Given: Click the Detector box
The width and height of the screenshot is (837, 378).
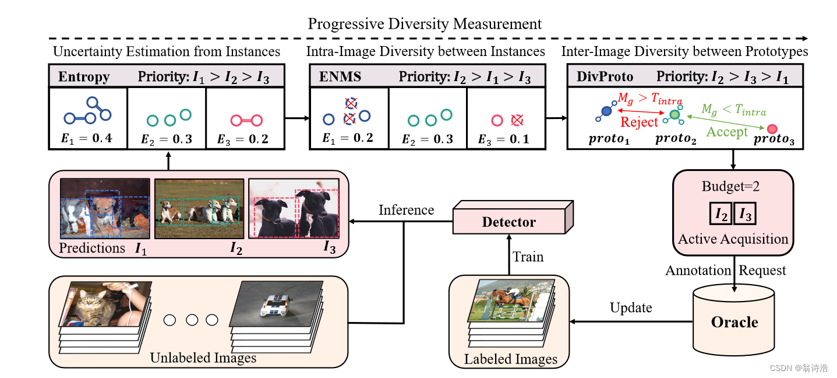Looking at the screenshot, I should (508, 222).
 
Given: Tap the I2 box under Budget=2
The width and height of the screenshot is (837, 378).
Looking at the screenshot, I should (721, 215).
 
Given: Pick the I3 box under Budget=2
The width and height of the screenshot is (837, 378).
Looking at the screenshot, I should (745, 215).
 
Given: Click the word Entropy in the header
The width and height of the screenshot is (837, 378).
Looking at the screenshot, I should (84, 77).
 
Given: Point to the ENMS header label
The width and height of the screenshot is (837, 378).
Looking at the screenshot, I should (340, 77).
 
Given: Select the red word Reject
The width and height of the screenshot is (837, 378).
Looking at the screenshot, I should (639, 123).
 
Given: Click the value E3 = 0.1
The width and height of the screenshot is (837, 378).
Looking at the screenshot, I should (503, 138).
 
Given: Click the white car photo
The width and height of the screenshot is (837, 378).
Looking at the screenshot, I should (276, 303).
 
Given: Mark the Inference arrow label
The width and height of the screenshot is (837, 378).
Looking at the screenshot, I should (406, 209).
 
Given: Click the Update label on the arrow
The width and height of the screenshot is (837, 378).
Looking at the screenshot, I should (631, 307).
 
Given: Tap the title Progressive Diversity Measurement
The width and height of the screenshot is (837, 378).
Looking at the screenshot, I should (425, 24).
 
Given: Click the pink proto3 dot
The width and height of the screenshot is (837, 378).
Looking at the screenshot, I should (772, 128).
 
